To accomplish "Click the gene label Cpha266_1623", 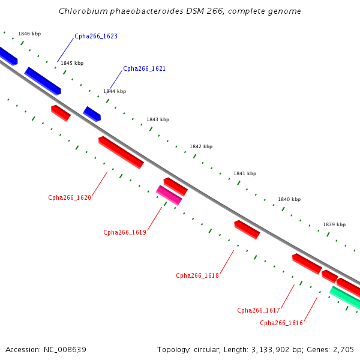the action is (96, 37).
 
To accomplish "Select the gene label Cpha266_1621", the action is (144, 69).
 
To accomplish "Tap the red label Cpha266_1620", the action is (70, 197).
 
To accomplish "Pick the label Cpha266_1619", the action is (125, 232).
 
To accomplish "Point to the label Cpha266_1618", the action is (197, 275).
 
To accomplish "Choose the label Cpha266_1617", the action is (259, 310).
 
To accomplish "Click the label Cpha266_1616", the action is (281, 323).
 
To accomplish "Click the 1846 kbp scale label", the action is (29, 34).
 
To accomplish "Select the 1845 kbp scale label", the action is (72, 63).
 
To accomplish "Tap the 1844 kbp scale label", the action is (115, 91).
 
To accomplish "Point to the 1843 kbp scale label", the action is (158, 119).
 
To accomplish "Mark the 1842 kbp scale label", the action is (201, 146).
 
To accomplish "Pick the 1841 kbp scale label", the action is (245, 173).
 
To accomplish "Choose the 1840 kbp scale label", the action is (289, 199).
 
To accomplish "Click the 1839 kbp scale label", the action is (334, 224).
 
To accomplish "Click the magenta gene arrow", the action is (169, 195).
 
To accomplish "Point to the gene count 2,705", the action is (343, 349).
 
